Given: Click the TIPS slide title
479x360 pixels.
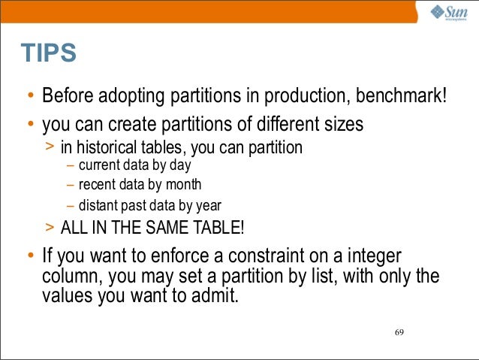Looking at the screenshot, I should [x=49, y=53].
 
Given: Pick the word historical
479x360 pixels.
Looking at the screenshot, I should [x=110, y=147].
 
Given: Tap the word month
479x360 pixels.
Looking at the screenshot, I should [x=184, y=184].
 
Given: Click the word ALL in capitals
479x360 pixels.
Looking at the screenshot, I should [x=74, y=227].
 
